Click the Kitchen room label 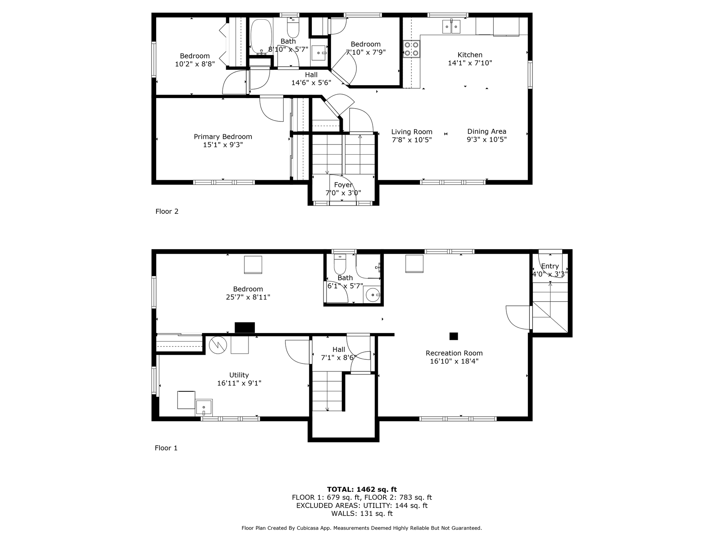(x=470, y=55)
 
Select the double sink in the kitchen (x=451, y=26)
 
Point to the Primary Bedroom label (x=223, y=137)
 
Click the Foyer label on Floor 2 (x=343, y=185)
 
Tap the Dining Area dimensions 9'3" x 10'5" (x=486, y=140)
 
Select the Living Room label (x=412, y=132)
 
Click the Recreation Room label (x=454, y=353)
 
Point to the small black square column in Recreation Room (x=454, y=336)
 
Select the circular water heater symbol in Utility (x=218, y=345)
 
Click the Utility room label (x=239, y=375)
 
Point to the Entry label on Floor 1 (x=550, y=266)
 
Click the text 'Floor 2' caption (x=167, y=211)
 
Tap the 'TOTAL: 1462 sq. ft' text (x=362, y=489)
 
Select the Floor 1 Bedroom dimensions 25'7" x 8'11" (x=248, y=297)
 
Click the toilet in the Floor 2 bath (x=293, y=26)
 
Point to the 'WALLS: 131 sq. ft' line (x=362, y=514)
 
